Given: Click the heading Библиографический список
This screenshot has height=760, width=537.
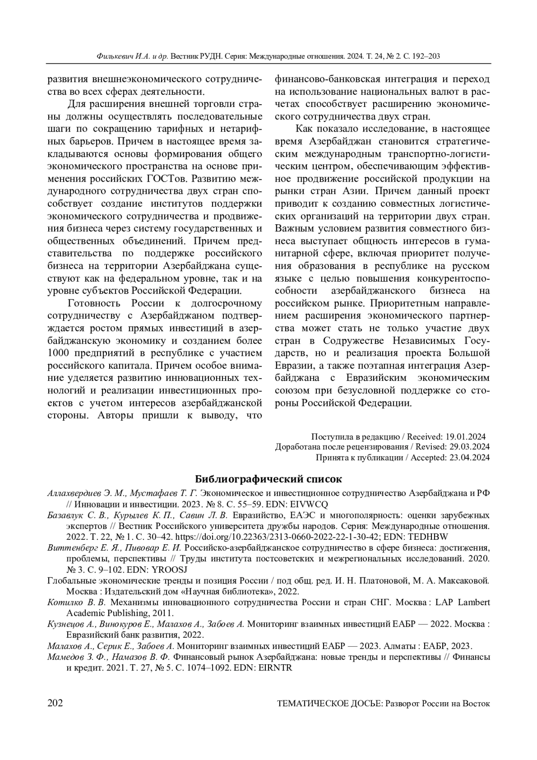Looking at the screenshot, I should (x=268, y=479).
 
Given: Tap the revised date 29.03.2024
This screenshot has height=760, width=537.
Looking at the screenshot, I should (x=468, y=447).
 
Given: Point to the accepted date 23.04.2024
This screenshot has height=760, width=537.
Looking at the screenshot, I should (x=469, y=457).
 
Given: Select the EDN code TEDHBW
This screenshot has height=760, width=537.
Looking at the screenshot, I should (x=432, y=536).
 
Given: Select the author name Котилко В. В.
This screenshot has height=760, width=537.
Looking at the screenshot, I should (x=77, y=602).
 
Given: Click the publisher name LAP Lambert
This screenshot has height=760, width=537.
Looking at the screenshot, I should (x=465, y=602).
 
